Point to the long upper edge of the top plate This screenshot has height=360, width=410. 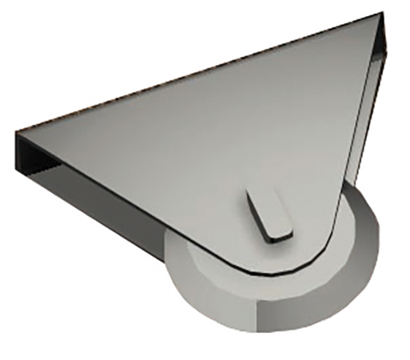pos(200,72)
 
